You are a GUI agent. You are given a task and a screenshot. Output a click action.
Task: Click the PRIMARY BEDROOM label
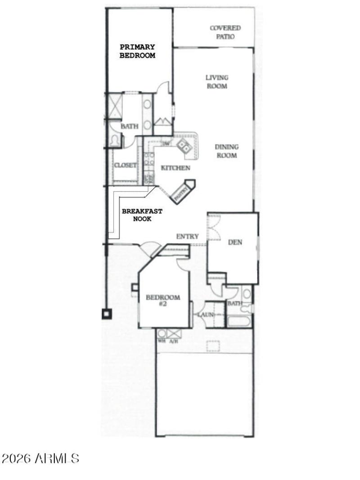[x=137, y=51]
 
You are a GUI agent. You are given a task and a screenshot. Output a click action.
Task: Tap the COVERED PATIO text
[x=225, y=32]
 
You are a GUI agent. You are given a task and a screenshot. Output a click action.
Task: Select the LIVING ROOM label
[x=217, y=82]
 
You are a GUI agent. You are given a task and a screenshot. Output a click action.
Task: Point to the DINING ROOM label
[x=226, y=151]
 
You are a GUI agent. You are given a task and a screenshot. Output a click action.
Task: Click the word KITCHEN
[x=175, y=168]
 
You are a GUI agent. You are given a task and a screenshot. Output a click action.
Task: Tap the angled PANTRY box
[x=183, y=192]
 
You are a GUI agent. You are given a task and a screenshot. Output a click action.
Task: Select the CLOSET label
[x=125, y=166]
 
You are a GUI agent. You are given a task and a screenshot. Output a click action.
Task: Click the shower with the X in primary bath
[x=114, y=106]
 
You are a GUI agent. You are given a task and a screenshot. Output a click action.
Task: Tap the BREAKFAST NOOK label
[x=142, y=215]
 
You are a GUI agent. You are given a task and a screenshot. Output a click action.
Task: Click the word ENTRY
[x=187, y=237]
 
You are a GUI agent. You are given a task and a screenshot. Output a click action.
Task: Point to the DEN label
[x=235, y=242]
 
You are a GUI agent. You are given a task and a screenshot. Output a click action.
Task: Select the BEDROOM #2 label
[x=163, y=300]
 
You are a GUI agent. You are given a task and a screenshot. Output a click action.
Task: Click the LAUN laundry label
[x=205, y=314]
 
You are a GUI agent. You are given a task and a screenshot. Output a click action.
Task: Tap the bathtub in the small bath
[x=239, y=321]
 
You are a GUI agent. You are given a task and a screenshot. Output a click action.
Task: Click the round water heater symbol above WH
[x=162, y=334]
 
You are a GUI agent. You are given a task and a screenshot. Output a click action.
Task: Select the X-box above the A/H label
[x=174, y=334]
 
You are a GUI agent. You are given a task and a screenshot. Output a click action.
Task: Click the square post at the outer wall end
[x=106, y=314]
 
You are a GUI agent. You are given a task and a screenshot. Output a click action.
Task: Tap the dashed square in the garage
[x=213, y=346]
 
